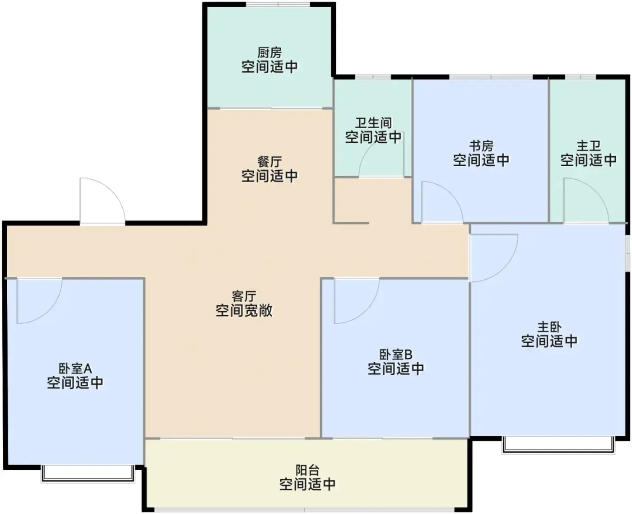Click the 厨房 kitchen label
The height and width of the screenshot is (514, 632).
[x=269, y=53]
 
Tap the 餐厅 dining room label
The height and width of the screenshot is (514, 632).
[x=269, y=162]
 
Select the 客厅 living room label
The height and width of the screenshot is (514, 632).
[x=244, y=296]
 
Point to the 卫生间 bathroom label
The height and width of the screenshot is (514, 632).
[x=373, y=123]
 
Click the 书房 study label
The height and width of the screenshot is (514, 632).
[x=481, y=146]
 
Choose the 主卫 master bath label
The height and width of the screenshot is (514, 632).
[x=588, y=146]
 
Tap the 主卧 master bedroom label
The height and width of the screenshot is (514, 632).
[x=549, y=327]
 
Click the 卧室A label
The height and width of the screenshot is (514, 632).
[x=75, y=369]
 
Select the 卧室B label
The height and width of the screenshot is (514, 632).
[x=396, y=355]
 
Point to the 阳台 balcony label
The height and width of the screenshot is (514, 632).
[x=307, y=470]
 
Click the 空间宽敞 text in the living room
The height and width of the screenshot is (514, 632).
[x=244, y=310]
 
